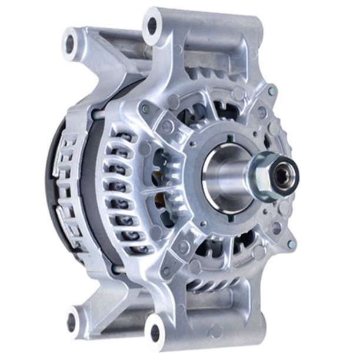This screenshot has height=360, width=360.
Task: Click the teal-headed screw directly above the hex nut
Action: click(x=272, y=92)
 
